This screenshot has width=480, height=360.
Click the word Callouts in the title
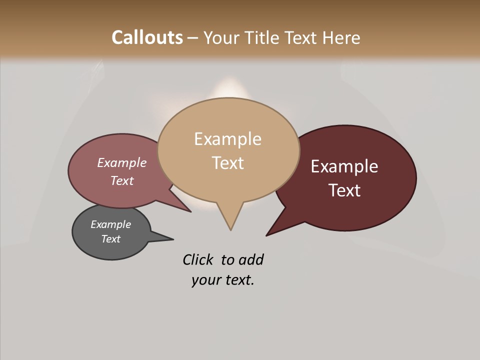(147, 37)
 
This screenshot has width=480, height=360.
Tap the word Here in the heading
(341, 37)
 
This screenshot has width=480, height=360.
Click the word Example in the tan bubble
(227, 139)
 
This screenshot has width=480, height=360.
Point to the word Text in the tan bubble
(227, 163)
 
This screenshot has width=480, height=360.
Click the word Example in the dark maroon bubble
(344, 166)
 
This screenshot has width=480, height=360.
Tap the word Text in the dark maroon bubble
(344, 190)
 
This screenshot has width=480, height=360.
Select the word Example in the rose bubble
(122, 163)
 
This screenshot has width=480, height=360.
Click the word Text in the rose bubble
(122, 180)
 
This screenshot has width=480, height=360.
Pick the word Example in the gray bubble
(111, 224)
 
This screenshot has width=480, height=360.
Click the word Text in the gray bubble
(111, 239)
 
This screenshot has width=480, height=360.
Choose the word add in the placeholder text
(251, 259)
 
